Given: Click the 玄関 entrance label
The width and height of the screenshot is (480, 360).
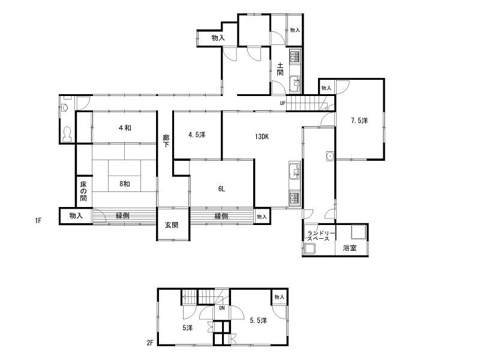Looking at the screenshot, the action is (x=172, y=225).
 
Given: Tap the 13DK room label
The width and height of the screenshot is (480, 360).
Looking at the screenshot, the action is (x=262, y=137).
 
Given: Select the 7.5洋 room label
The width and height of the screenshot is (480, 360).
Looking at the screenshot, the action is (x=359, y=121).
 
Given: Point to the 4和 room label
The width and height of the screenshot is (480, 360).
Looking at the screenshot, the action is (x=125, y=128).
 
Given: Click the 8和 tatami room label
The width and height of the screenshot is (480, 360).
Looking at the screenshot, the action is (x=125, y=184).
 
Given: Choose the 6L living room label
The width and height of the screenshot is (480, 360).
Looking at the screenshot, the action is (x=221, y=189).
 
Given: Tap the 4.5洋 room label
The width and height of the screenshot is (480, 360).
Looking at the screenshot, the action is (x=197, y=134).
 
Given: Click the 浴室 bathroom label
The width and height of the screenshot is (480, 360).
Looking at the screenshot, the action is (x=350, y=248).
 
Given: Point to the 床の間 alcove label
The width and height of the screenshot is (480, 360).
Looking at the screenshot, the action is (x=83, y=191).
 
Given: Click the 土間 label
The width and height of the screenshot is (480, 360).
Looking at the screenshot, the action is (x=280, y=69).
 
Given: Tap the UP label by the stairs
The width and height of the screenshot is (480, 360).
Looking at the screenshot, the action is (x=283, y=103).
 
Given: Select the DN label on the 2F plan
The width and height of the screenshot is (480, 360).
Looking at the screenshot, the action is (x=222, y=308).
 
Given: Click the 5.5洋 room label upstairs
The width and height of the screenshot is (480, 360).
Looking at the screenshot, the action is (x=259, y=320).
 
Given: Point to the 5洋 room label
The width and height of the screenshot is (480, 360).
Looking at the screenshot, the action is (x=188, y=328).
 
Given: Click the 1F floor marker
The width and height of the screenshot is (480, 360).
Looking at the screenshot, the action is (x=38, y=220).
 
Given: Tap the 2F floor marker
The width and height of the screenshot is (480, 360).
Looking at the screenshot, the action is (x=149, y=343).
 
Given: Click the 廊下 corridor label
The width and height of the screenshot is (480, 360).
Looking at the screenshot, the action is (x=166, y=141).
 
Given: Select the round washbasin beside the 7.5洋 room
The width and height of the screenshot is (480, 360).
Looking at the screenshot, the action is (x=330, y=156).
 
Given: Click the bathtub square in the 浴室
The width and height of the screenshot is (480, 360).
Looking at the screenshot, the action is (x=359, y=232).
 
